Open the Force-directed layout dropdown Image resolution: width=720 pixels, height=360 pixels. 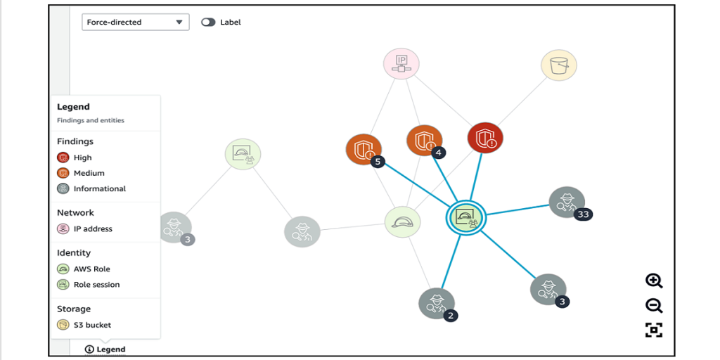(x=135, y=22)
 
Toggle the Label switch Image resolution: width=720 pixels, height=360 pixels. (x=208, y=22)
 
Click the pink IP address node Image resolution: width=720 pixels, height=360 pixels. (x=401, y=64)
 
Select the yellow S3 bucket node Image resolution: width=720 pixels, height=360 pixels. (x=559, y=65)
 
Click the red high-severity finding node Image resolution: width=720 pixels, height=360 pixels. (x=485, y=138)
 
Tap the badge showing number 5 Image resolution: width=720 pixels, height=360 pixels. (x=378, y=162)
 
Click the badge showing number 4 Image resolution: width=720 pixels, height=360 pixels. (x=439, y=152)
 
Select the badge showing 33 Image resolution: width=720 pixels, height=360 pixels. (x=582, y=214)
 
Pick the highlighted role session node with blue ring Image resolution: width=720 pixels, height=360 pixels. (x=465, y=218)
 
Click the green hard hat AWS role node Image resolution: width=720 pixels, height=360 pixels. (x=403, y=222)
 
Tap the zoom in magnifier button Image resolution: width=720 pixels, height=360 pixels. (x=654, y=281)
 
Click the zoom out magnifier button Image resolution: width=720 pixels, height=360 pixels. (x=654, y=305)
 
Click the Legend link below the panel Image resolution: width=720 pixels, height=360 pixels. (x=105, y=349)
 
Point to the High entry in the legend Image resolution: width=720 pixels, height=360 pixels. (x=82, y=157)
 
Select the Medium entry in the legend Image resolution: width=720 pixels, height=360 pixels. (x=89, y=173)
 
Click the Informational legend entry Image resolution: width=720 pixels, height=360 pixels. (x=99, y=188)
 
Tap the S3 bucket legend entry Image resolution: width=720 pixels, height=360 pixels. (x=92, y=325)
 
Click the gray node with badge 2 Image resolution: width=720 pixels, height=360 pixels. (x=436, y=303)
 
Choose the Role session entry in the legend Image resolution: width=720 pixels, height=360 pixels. (x=96, y=285)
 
